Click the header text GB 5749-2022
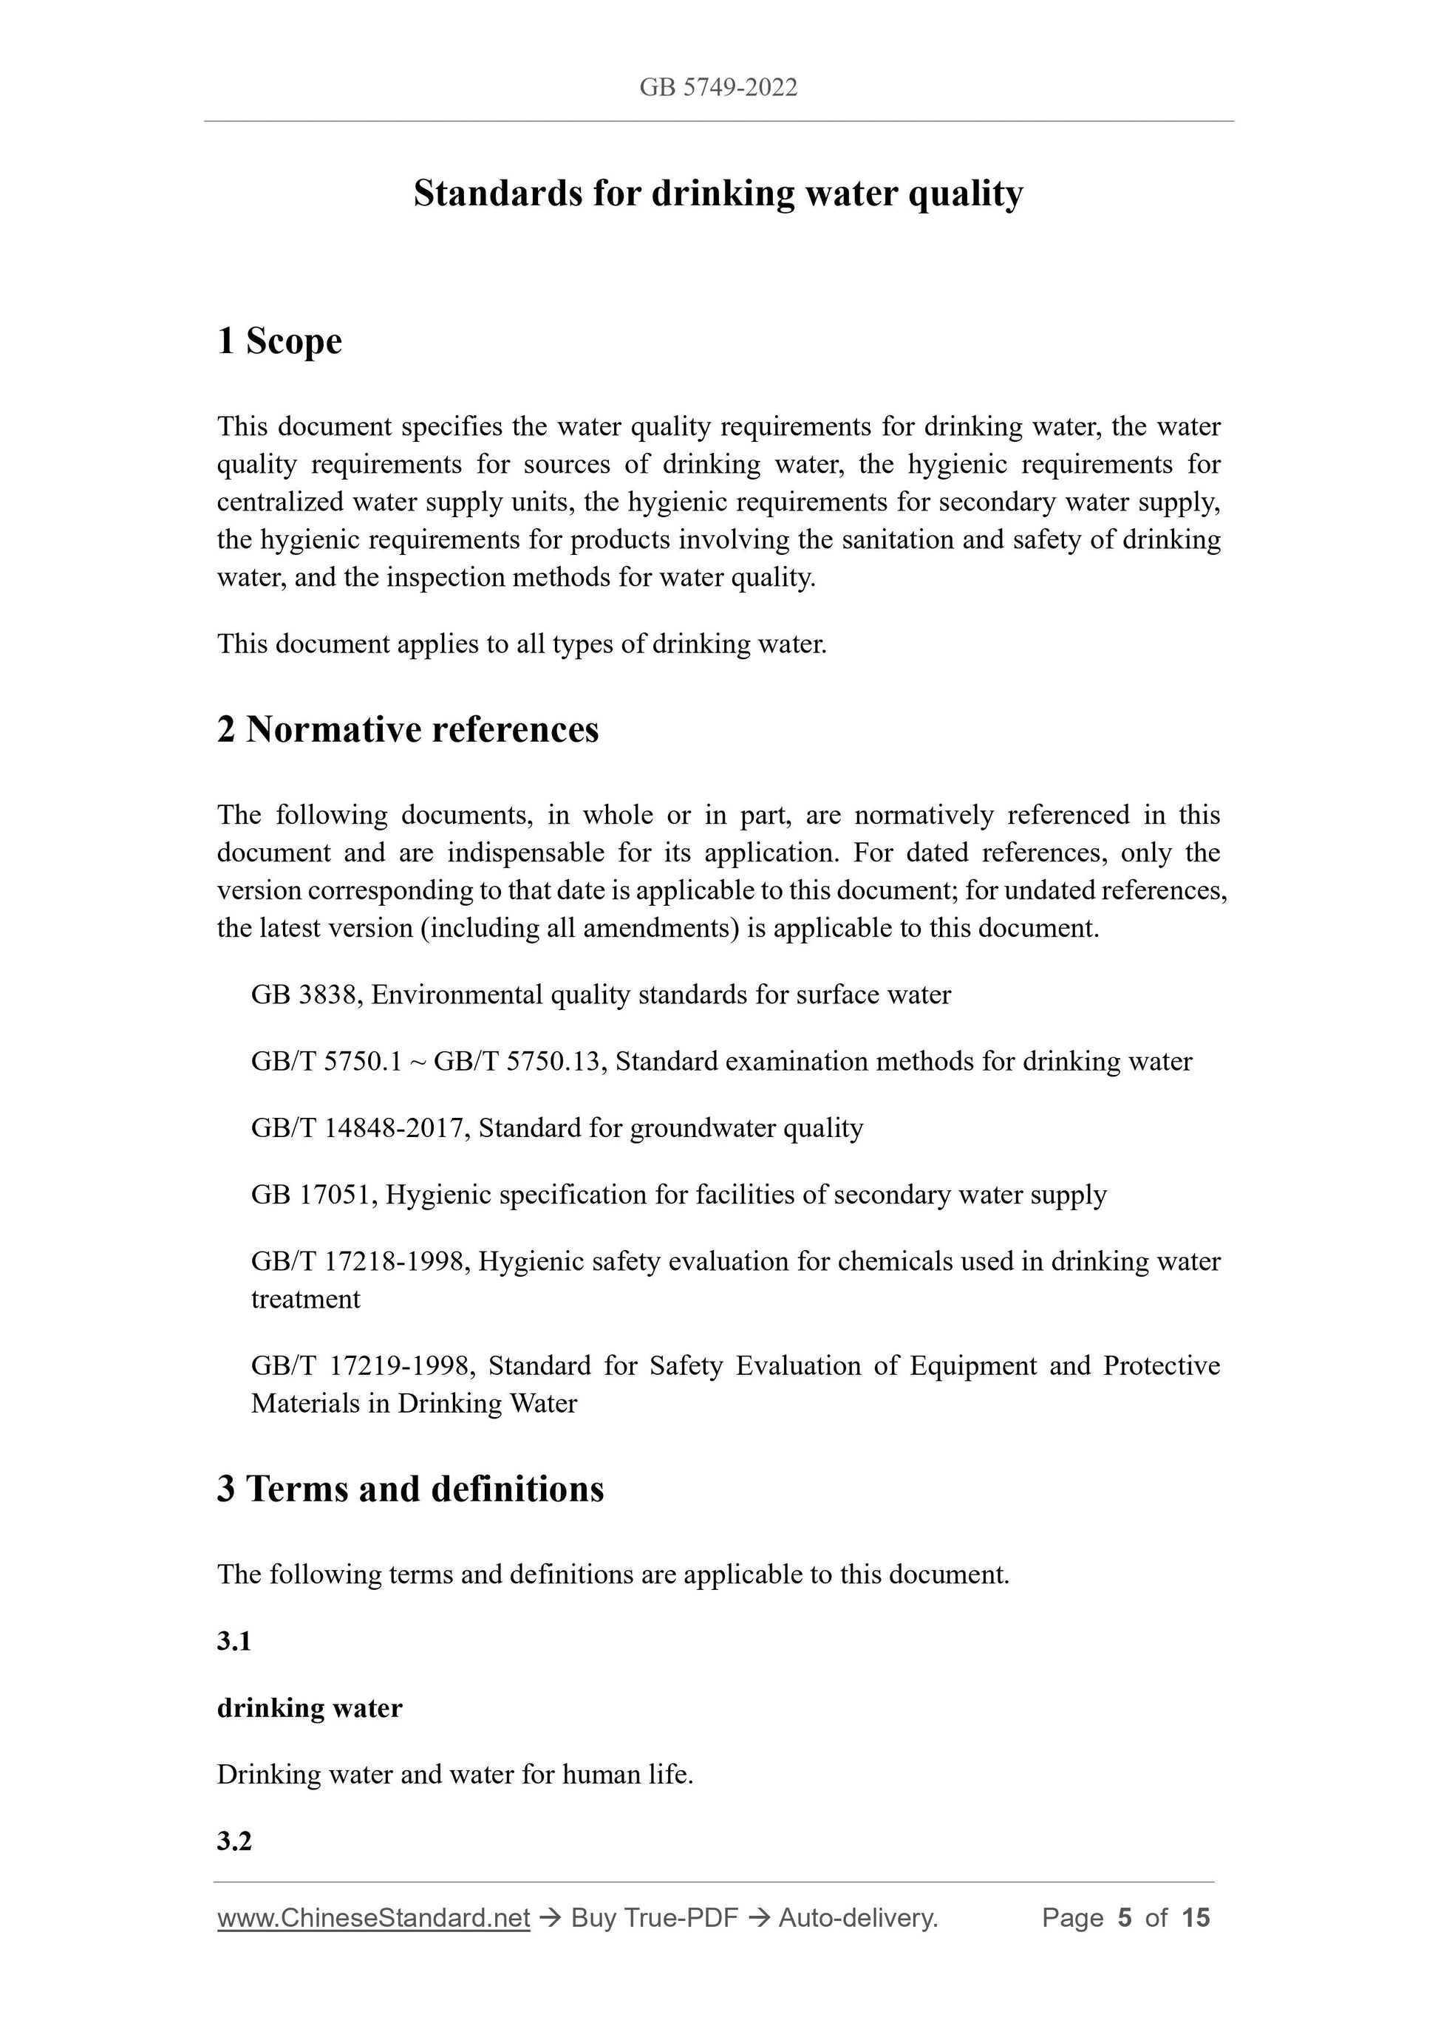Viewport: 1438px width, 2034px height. (718, 87)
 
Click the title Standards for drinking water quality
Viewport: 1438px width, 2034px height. (718, 193)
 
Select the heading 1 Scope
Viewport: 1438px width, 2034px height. (279, 341)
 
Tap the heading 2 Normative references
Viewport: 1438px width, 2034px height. (408, 730)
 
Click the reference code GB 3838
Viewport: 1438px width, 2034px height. (303, 995)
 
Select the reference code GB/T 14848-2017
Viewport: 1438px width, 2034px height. (359, 1127)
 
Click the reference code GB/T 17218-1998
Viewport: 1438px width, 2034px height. (359, 1261)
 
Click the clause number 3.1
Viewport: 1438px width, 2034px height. (234, 1642)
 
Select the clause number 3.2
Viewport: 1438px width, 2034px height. (234, 1841)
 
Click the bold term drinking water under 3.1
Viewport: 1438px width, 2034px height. (309, 1708)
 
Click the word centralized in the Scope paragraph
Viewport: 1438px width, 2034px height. (280, 502)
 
